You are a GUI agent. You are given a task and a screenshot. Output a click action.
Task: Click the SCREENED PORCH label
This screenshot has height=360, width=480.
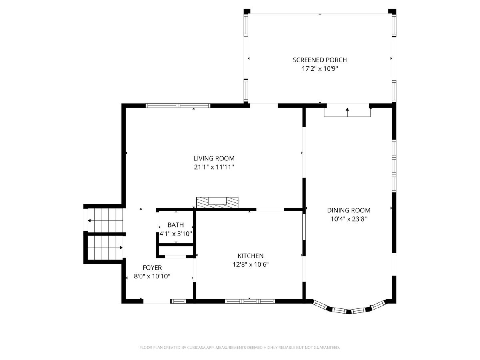(320, 60)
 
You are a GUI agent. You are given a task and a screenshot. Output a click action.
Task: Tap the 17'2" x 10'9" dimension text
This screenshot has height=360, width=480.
(320, 69)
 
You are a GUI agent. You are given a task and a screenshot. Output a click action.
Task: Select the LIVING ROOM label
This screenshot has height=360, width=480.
(214, 158)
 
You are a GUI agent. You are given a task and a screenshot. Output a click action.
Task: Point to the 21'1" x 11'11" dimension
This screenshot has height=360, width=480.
(214, 167)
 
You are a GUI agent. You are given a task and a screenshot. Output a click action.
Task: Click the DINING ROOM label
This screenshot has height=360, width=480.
(348, 210)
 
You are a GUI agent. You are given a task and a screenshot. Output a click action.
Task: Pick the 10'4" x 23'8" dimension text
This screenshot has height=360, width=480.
(348, 219)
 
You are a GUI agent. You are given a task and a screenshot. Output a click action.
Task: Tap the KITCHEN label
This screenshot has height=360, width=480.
(250, 256)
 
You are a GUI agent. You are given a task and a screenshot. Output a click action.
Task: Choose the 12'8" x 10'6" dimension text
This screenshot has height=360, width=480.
(250, 264)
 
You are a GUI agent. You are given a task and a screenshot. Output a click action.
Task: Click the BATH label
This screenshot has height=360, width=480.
(175, 225)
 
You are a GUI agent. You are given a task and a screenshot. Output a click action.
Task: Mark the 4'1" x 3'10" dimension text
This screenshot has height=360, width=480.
(176, 234)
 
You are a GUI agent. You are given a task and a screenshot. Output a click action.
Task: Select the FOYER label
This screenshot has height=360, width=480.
(152, 268)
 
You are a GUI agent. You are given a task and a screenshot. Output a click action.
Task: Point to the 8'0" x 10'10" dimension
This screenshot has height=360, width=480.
(152, 276)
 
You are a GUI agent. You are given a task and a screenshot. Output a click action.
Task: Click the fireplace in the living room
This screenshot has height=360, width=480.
(217, 202)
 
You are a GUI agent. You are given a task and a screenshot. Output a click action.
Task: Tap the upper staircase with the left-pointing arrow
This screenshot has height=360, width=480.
(105, 220)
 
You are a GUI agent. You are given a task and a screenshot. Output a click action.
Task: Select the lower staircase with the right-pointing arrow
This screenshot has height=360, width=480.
(105, 248)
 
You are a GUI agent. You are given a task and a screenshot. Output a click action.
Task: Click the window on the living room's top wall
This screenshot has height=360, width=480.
(178, 106)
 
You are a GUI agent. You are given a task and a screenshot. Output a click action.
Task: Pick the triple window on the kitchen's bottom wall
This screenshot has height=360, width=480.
(250, 301)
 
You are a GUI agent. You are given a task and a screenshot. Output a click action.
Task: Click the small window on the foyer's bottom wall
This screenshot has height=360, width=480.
(178, 302)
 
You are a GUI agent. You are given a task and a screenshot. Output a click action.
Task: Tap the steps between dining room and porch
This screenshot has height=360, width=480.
(347, 112)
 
